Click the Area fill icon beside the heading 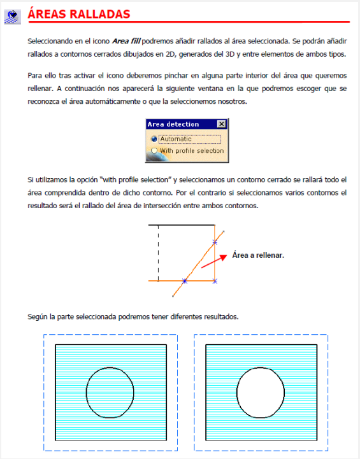tap(12, 17)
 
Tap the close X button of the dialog tap(222, 124)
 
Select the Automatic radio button tap(154, 139)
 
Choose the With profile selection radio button tap(154, 151)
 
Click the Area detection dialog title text tap(173, 124)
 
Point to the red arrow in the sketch tap(214, 261)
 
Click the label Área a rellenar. tap(258, 255)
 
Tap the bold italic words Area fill tap(127, 41)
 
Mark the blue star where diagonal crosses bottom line tap(185, 281)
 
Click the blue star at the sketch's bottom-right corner tap(215, 281)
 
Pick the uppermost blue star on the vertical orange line tap(215, 242)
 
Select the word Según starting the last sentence tap(38, 317)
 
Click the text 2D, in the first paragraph tap(171, 54)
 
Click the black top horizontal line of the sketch tap(182, 225)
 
